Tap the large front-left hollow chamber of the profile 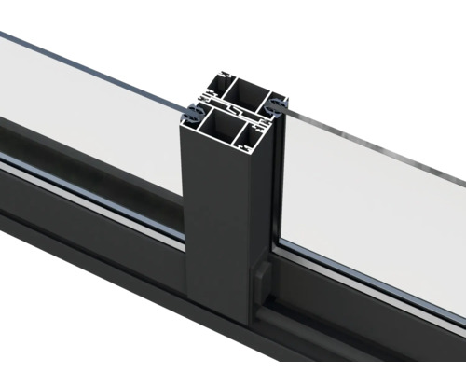pos(222,123)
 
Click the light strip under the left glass pos(93,191)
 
